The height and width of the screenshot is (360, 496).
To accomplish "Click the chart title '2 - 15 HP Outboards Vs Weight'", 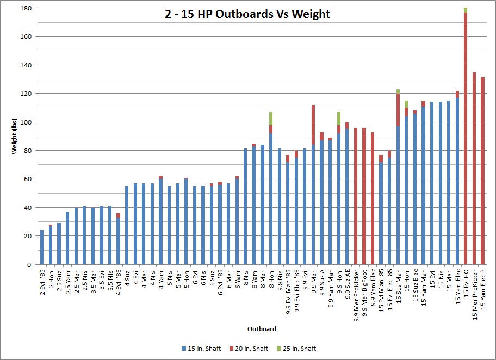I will [247, 14].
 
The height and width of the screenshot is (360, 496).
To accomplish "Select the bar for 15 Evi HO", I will [466, 136].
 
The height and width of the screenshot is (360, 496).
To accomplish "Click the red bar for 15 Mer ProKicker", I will [474, 169].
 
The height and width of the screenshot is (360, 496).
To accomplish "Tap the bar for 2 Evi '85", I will [42, 247].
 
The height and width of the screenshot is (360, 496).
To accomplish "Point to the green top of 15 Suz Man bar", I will [398, 91].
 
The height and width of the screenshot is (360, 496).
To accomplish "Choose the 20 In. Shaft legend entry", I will [252, 349].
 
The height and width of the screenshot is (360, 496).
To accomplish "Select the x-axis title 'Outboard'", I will [262, 329].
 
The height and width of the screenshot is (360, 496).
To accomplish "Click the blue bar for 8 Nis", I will [245, 207].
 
